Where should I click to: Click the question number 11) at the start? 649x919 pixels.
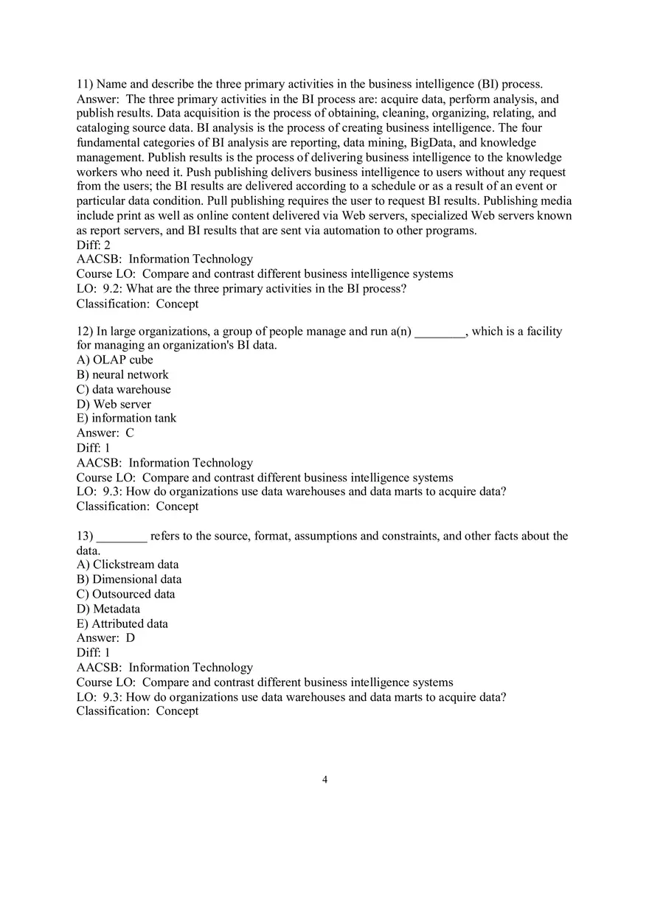coord(85,85)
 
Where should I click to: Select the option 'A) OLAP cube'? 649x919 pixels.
coord(115,360)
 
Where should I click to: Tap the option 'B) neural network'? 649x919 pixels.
coord(122,375)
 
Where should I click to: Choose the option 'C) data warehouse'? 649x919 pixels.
coord(124,390)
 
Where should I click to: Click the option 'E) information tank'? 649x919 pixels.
coord(126,419)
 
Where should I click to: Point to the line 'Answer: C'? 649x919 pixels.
coord(105,433)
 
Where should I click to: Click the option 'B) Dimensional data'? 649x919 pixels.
coord(129,580)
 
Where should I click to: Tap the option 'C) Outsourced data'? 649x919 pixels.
coord(126,595)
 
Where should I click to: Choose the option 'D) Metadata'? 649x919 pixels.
coord(108,609)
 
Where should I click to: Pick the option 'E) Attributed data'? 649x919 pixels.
coord(122,624)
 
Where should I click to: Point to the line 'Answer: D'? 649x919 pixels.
coord(106,638)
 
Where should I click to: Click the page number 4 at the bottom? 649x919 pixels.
coord(324,780)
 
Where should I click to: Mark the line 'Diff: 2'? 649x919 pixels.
coord(94,245)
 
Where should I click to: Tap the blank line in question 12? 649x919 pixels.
coord(440,332)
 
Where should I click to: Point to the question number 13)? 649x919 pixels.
coord(85,537)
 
